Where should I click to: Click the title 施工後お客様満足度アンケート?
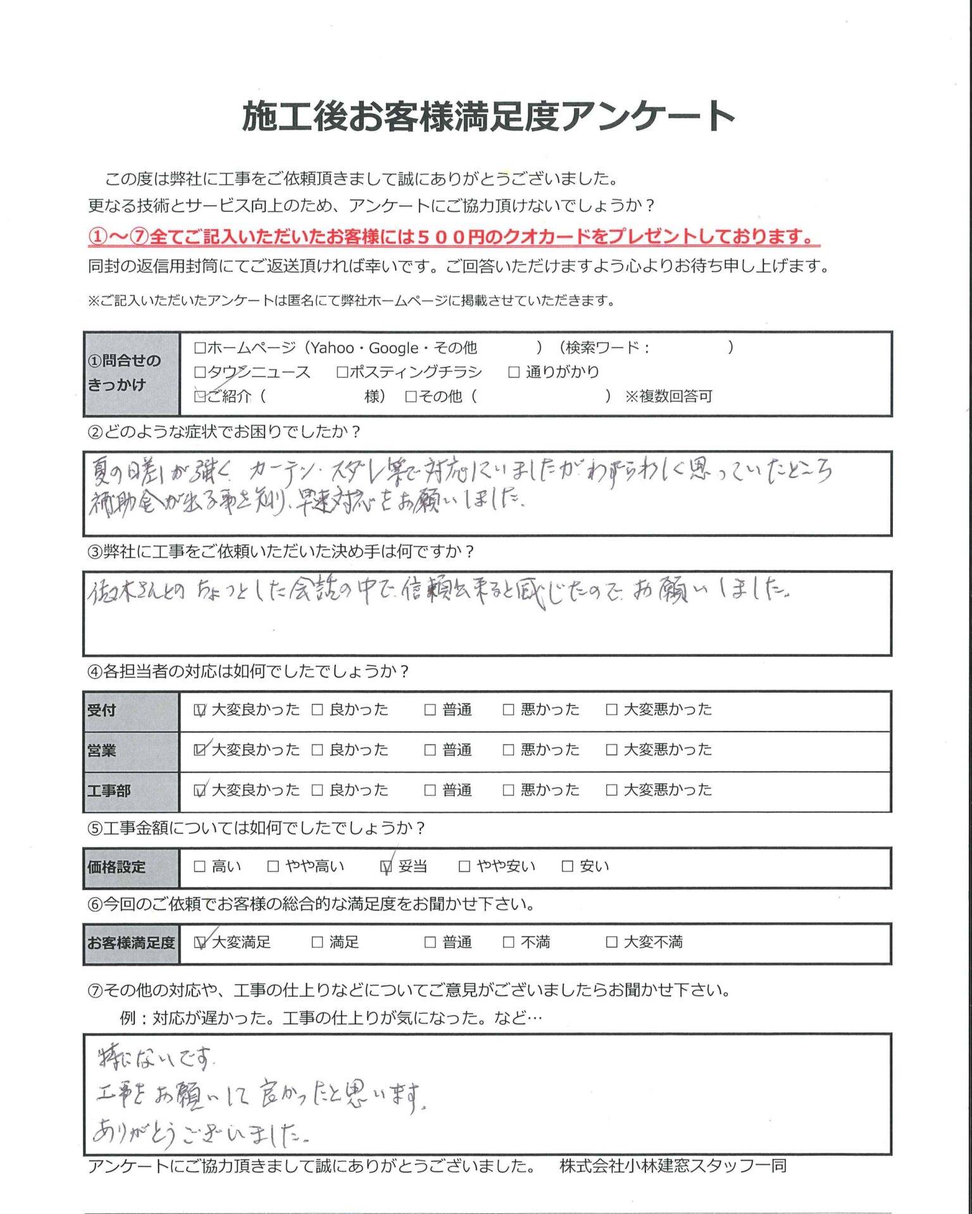488,116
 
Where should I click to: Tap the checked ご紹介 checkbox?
201,396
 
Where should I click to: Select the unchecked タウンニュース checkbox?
201,372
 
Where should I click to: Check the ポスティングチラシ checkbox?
342,372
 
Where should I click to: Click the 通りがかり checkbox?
514,372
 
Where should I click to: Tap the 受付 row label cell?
132,711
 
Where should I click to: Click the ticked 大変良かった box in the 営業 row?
200,750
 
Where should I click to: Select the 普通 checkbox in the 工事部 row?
430,790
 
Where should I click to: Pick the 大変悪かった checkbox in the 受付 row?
611,710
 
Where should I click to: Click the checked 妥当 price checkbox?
386,867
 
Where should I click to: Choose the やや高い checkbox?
273,867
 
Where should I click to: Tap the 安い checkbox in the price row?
568,867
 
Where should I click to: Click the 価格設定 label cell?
132,868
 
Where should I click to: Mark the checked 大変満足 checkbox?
200,943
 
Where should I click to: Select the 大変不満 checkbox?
611,943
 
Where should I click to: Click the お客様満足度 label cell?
132,943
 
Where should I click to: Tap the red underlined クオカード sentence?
453,237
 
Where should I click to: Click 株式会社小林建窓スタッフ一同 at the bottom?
673,1166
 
